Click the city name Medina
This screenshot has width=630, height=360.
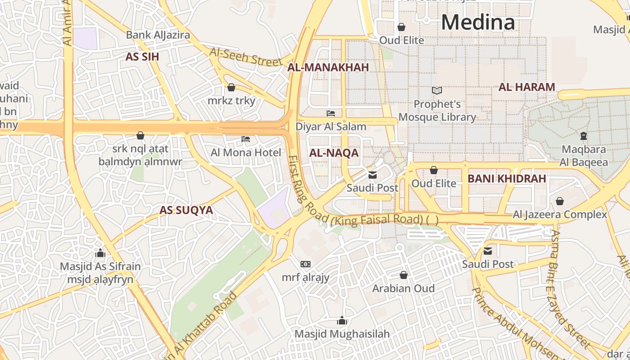click(478, 22)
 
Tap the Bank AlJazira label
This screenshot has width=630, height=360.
click(157, 35)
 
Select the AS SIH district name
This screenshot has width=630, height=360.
click(142, 57)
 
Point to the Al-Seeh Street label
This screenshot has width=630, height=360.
click(245, 57)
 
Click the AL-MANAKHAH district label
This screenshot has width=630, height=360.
click(328, 67)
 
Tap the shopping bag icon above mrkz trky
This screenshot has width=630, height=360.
click(231, 87)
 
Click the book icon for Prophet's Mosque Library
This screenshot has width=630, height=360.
click(437, 91)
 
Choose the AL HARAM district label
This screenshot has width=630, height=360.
click(526, 87)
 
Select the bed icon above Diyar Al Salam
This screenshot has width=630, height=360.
click(331, 113)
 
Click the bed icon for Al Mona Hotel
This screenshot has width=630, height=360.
click(246, 139)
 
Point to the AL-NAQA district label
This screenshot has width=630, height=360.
click(334, 153)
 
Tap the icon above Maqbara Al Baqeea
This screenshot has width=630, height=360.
click(584, 135)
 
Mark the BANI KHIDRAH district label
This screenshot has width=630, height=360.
click(507, 179)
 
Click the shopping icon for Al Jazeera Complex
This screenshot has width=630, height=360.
click(560, 201)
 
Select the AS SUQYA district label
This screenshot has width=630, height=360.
click(186, 210)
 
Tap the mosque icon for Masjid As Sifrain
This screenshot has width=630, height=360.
click(100, 253)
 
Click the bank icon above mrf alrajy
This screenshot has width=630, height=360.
click(306, 264)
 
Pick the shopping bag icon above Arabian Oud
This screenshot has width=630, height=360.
click(404, 274)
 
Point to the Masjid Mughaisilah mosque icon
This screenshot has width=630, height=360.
click(342, 320)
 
